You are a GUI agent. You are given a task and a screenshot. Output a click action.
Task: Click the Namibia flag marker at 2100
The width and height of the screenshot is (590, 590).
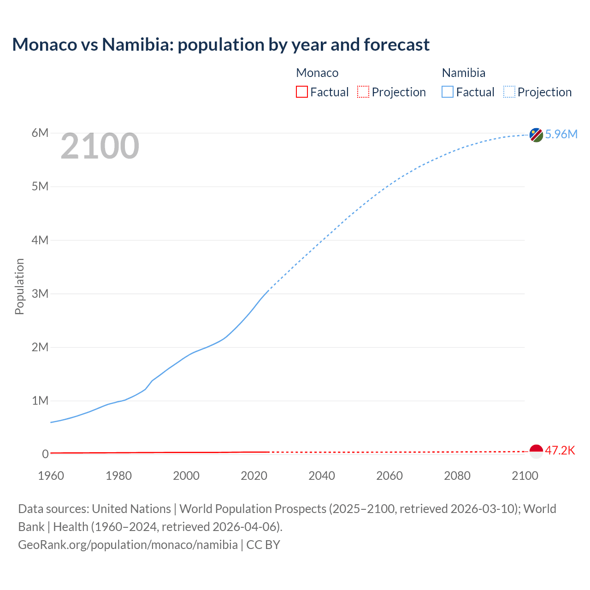click(536, 135)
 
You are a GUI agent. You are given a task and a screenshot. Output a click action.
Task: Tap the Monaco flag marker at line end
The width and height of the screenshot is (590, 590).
click(536, 452)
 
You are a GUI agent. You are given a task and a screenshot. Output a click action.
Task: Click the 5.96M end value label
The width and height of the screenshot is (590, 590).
click(561, 134)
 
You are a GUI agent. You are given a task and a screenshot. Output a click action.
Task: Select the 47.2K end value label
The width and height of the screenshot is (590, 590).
click(560, 450)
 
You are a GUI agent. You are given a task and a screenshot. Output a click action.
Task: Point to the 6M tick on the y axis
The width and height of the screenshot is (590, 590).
click(40, 133)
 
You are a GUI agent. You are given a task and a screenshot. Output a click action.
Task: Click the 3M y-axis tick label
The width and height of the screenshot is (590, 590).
click(40, 294)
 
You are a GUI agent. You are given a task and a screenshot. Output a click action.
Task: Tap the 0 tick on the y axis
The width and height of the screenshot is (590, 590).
click(45, 454)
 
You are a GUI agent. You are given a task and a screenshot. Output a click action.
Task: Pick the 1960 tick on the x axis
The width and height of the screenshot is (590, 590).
click(51, 476)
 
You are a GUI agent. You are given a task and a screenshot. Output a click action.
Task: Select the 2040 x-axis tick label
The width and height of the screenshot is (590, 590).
click(322, 476)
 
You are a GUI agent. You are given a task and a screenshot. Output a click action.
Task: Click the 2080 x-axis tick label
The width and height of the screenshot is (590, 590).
click(457, 476)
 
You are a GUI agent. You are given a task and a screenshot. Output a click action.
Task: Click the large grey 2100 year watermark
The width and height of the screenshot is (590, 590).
click(100, 146)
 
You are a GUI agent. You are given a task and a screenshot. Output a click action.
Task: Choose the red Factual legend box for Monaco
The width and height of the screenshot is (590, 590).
click(302, 92)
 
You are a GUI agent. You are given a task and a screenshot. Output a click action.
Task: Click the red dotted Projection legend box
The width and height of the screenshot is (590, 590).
click(363, 92)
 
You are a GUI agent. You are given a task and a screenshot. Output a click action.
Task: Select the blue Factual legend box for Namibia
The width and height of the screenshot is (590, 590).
click(448, 92)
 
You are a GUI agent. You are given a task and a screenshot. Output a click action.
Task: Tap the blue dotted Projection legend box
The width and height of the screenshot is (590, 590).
click(509, 92)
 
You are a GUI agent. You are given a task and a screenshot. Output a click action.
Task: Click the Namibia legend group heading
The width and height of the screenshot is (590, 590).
click(463, 73)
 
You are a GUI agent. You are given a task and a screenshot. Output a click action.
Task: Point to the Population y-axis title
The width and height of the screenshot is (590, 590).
click(19, 286)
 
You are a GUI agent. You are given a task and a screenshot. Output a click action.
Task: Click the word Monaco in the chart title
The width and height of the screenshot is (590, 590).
click(45, 45)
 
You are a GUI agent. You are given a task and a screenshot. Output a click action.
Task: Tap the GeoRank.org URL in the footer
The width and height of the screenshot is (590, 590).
click(128, 544)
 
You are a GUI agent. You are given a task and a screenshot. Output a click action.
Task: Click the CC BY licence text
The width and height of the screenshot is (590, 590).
click(263, 544)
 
